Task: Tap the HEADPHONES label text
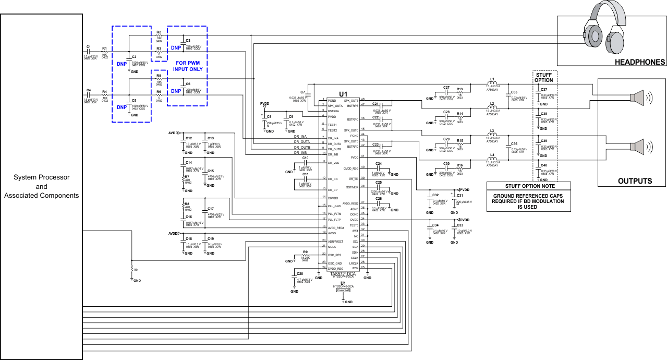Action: (640, 62)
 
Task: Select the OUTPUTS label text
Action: (635, 181)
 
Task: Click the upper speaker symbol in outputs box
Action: (638, 97)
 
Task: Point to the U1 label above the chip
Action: (343, 94)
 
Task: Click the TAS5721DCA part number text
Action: (343, 273)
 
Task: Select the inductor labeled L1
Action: (492, 81)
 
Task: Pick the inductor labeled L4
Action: (492, 154)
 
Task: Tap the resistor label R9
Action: (305, 252)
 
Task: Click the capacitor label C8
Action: (269, 116)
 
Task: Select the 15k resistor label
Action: (136, 269)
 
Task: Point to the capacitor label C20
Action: (299, 273)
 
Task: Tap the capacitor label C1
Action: (89, 47)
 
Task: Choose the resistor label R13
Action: (459, 89)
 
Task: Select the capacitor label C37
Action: (543, 89)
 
